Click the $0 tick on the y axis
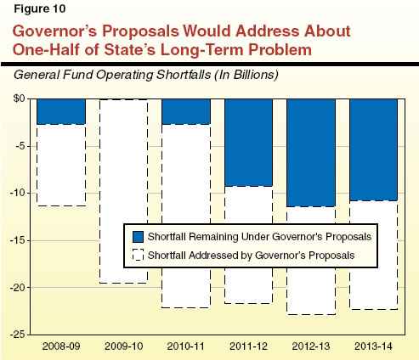(20, 98)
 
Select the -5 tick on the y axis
(22, 146)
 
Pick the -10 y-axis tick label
(20, 193)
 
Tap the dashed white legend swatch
(133, 254)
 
